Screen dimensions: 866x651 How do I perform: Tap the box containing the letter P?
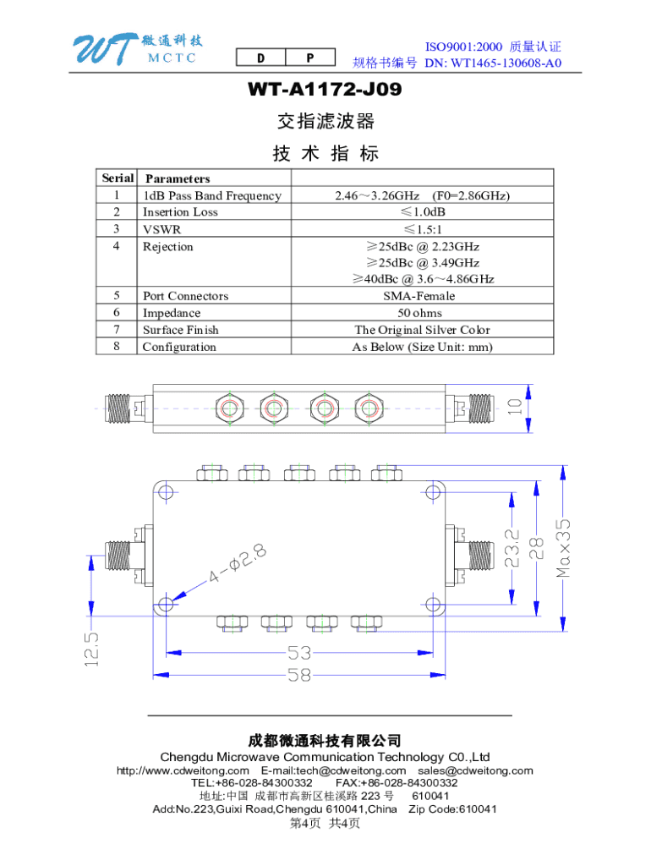click(x=310, y=58)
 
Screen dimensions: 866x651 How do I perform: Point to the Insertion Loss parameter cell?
click(x=180, y=212)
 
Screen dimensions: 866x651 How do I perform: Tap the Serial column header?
click(x=118, y=178)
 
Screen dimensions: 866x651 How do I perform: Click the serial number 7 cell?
click(x=117, y=330)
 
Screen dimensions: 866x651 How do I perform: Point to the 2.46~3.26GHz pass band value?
click(x=422, y=195)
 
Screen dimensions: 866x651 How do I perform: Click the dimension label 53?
click(x=299, y=654)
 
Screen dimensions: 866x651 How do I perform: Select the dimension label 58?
click(x=299, y=677)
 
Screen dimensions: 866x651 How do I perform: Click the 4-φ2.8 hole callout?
click(x=232, y=566)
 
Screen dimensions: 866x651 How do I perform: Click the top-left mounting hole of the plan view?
click(x=166, y=492)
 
